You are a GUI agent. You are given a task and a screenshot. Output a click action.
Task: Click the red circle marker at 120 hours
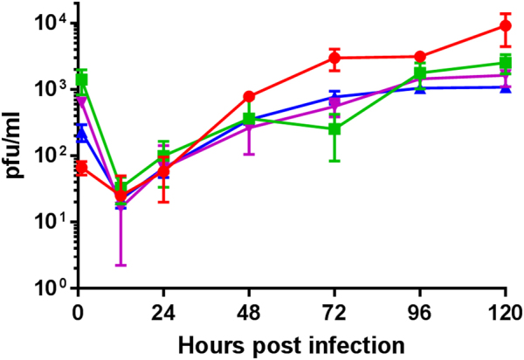click(505, 26)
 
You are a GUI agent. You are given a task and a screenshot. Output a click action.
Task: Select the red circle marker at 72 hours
click(334, 59)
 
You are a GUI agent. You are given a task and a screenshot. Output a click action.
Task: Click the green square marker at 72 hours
click(334, 129)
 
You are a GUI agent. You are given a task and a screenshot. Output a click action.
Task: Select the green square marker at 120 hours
click(505, 62)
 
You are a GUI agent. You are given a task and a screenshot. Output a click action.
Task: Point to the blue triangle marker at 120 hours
click(505, 87)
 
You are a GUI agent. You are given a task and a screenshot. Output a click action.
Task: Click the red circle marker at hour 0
click(81, 167)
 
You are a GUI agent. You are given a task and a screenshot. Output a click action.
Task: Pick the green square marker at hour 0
click(81, 80)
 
